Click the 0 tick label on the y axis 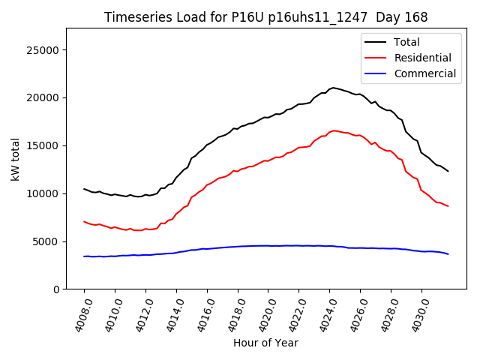tap(55, 289)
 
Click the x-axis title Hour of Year tap(265, 343)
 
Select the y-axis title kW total tap(15, 158)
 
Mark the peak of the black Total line tap(333, 88)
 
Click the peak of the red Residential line tap(334, 130)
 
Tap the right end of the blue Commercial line tap(448, 254)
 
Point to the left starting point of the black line tap(84, 189)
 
